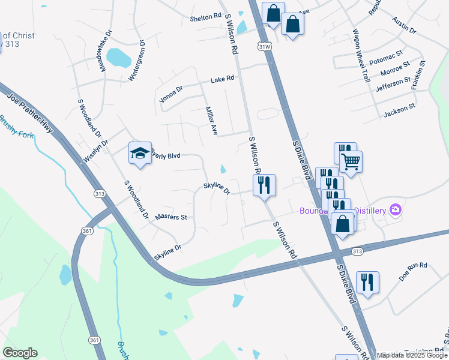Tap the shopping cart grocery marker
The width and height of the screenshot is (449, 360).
tap(351, 160)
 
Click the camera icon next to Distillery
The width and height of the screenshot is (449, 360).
tap(396, 209)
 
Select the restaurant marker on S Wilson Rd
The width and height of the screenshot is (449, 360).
tap(264, 185)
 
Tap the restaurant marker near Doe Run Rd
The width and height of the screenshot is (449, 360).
tap(367, 282)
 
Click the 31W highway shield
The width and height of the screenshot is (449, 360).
tap(264, 46)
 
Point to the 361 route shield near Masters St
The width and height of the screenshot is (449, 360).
tap(88, 231)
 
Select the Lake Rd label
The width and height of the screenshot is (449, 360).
tap(221, 80)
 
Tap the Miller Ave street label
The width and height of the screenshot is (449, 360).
tap(210, 121)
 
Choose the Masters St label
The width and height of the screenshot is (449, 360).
tap(171, 217)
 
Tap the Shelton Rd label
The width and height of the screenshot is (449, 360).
tap(206, 18)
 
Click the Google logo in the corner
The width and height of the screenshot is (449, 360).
tap(19, 353)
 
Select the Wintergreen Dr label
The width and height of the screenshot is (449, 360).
tap(137, 61)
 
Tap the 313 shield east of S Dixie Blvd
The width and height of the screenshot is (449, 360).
tap(358, 251)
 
